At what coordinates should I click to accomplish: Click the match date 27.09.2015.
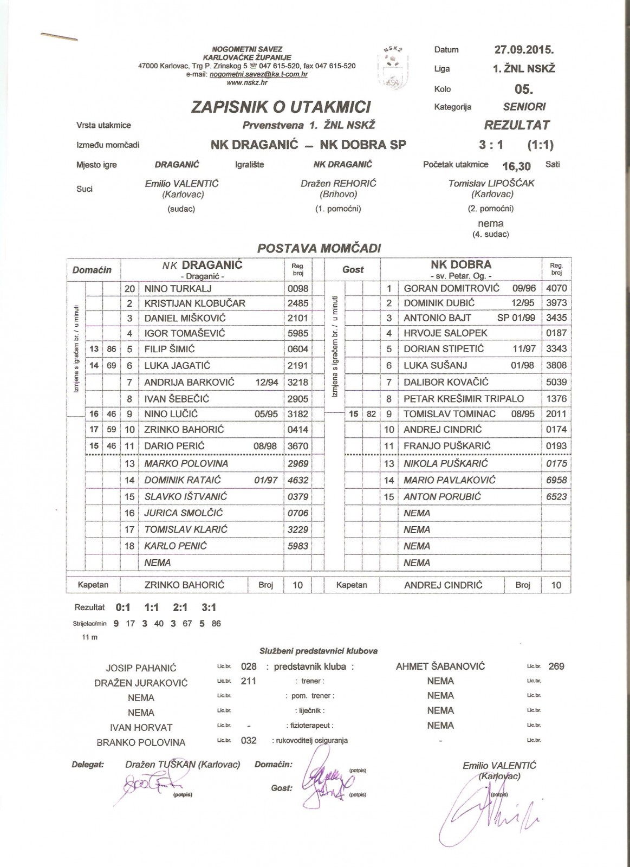coord(524,50)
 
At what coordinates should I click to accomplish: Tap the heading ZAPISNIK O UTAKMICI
coord(281,107)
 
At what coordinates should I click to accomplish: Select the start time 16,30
coord(516,166)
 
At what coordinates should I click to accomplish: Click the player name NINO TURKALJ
coord(178,289)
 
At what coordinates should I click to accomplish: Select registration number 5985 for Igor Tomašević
coord(298,333)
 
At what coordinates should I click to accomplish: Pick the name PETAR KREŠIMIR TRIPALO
coord(464,399)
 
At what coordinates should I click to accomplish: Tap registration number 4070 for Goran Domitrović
coord(556,288)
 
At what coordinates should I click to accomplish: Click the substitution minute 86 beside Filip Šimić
coord(112,350)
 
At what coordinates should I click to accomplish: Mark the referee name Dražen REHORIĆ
coord(338,184)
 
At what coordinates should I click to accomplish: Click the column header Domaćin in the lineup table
coord(92,270)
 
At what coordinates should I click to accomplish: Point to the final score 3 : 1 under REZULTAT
coord(491,145)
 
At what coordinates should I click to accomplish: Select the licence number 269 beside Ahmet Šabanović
coord(556,667)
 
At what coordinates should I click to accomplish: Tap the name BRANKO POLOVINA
coord(141,742)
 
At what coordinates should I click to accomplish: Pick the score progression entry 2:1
coord(180,607)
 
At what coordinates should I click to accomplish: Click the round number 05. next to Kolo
coord(524,89)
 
